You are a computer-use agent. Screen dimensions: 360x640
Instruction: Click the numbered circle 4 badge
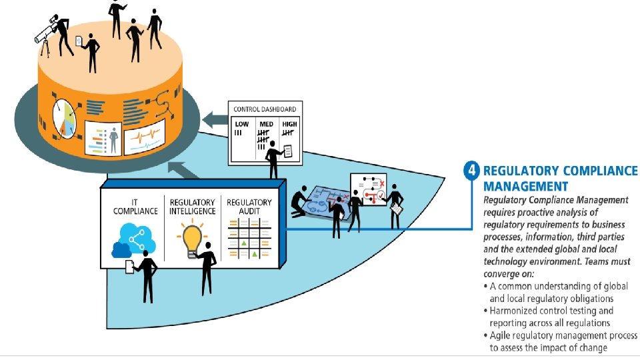(472, 171)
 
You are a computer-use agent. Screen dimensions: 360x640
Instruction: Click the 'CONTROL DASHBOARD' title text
(264, 109)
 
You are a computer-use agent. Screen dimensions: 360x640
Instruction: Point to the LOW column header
(241, 125)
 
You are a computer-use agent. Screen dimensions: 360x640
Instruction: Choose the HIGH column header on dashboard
(289, 125)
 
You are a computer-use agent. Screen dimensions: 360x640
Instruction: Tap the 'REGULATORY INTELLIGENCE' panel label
(192, 207)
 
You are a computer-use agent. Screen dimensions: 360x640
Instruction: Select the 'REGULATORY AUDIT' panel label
(249, 207)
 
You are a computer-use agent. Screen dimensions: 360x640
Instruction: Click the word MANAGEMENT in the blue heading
(525, 186)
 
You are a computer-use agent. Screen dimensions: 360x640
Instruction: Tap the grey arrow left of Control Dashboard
(214, 121)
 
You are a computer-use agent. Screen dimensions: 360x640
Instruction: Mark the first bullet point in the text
(485, 286)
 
